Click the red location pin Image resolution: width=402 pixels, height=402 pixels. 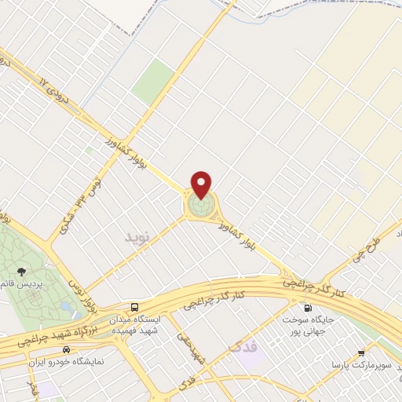[203, 185]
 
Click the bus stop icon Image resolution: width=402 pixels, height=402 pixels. [135, 307]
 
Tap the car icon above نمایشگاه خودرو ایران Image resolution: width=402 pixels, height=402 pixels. [67, 349]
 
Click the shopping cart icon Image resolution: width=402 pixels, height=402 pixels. [361, 353]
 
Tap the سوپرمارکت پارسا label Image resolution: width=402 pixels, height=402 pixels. [358, 367]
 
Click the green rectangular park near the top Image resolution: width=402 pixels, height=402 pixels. [153, 82]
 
